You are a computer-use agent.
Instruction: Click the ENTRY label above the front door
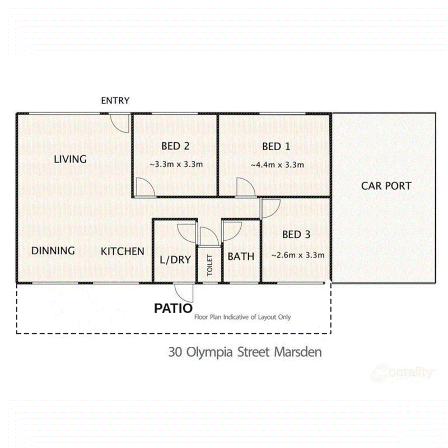[115, 101]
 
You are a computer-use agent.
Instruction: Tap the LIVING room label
[71, 159]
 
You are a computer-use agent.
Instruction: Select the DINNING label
[53, 250]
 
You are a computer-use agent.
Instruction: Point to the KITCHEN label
[123, 251]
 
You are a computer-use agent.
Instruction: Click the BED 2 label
[175, 146]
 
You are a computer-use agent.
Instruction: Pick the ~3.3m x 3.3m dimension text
[176, 164]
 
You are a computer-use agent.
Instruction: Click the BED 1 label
[276, 147]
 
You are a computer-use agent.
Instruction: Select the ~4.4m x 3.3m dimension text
[277, 165]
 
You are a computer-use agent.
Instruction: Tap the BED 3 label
[296, 235]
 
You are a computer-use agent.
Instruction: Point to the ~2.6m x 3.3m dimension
[298, 255]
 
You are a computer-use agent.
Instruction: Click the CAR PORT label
[386, 186]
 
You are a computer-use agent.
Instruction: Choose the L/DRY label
[175, 260]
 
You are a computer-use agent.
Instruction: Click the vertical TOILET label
[209, 265]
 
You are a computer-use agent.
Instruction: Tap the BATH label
[241, 256]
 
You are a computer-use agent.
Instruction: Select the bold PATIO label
[174, 309]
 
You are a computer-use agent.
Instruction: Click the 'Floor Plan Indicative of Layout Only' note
[242, 317]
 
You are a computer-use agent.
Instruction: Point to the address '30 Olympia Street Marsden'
[245, 352]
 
